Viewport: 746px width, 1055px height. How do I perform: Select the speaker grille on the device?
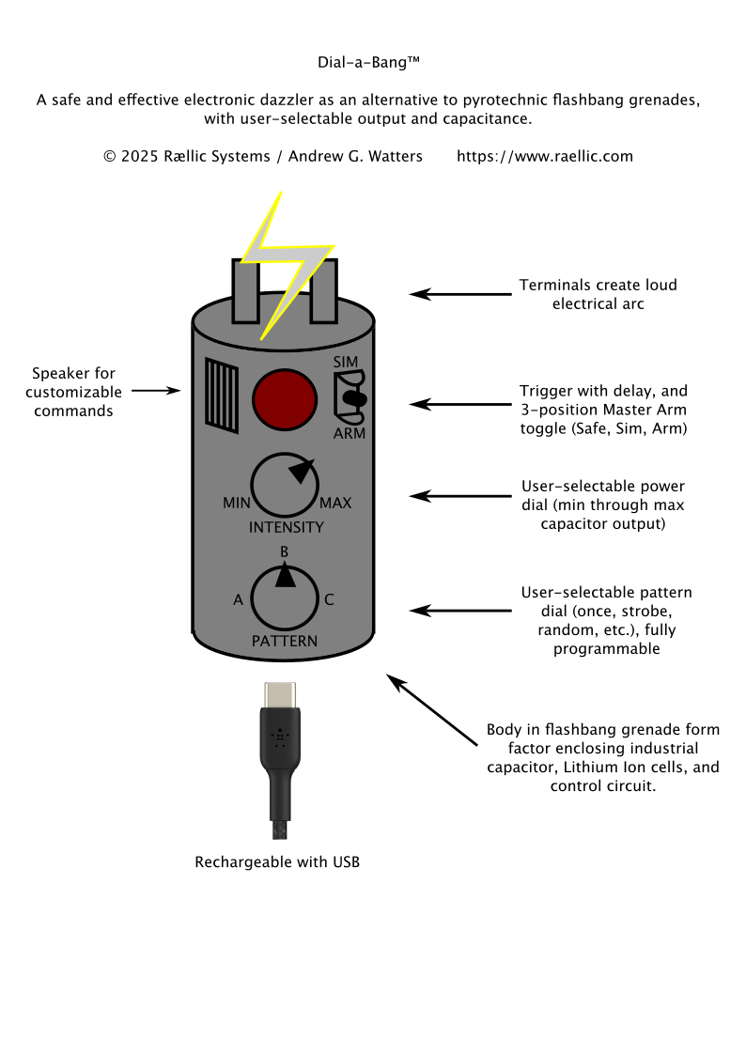click(x=223, y=396)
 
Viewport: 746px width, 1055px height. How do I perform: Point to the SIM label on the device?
click(x=345, y=362)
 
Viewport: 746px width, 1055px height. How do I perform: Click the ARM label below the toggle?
click(x=349, y=433)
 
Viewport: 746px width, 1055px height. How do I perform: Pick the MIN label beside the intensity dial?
click(x=236, y=503)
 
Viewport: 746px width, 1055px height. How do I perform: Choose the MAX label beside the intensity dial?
click(x=335, y=503)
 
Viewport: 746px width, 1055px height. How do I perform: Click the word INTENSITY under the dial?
click(x=286, y=527)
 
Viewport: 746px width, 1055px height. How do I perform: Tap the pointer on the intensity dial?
click(x=302, y=470)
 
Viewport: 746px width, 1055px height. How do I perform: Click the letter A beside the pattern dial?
click(x=238, y=599)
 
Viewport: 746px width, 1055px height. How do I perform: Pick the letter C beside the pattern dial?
click(x=329, y=599)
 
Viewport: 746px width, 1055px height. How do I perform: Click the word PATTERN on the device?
click(x=285, y=641)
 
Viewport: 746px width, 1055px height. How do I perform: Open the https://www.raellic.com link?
click(x=545, y=156)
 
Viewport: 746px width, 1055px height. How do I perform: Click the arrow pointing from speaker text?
click(x=155, y=389)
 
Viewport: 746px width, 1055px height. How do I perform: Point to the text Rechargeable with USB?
click(x=277, y=861)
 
